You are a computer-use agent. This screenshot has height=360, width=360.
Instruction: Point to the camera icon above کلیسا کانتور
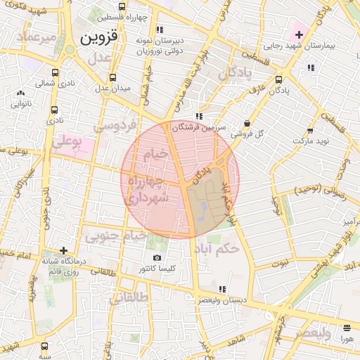click(157, 257)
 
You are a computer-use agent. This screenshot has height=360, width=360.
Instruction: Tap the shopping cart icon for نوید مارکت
click(310, 131)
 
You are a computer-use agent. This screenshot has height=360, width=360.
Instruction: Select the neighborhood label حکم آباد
click(220, 248)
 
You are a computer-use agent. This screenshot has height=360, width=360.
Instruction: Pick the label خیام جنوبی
click(115, 236)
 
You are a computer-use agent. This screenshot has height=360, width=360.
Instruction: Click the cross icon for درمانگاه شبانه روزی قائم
click(64, 250)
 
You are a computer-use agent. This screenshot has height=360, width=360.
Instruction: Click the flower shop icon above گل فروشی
click(246, 122)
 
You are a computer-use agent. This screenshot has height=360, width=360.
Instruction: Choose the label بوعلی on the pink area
click(67, 143)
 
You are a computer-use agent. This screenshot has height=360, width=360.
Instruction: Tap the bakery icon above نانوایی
click(20, 93)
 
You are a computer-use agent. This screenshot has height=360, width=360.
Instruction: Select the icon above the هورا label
click(346, 328)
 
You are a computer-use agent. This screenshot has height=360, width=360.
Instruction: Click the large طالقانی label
click(129, 297)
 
